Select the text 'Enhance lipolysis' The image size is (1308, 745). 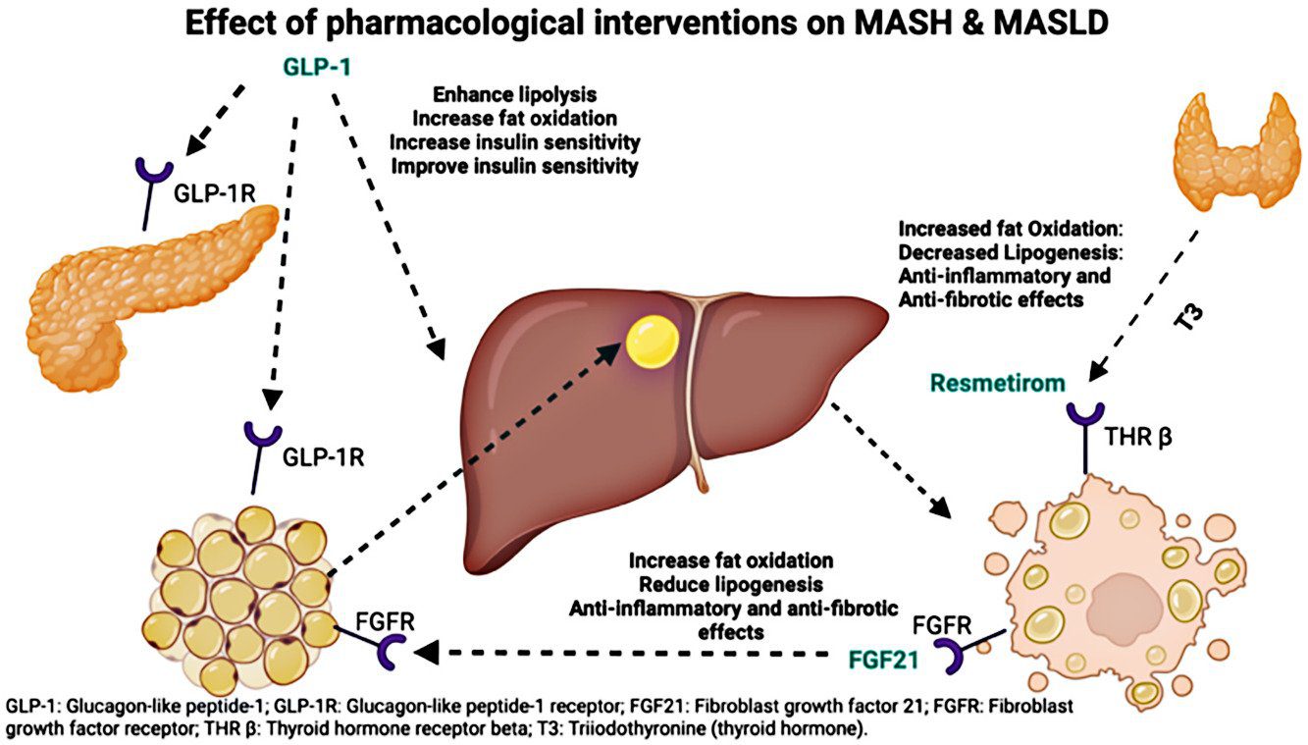click(513, 95)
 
